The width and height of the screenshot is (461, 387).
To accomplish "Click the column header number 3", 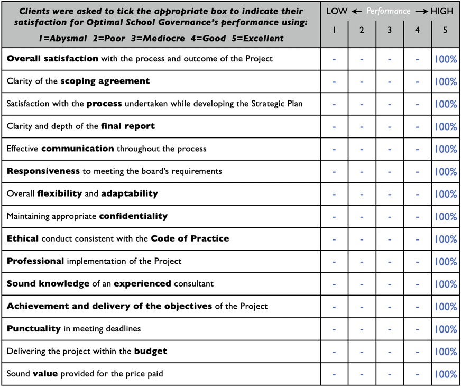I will pyautogui.click(x=390, y=31).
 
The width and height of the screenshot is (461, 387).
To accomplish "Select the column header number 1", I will pyautogui.click(x=334, y=31).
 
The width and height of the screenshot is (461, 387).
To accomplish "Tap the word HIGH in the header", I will pyautogui.click(x=442, y=11).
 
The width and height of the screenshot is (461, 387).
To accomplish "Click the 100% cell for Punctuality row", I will pyautogui.click(x=445, y=329).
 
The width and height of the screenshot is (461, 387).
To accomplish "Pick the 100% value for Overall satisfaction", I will pyautogui.click(x=445, y=59).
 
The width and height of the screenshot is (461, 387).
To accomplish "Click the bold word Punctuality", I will pyautogui.click(x=34, y=329).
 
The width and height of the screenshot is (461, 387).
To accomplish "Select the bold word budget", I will pyautogui.click(x=151, y=351).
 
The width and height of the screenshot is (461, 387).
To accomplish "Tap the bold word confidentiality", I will pyautogui.click(x=133, y=216).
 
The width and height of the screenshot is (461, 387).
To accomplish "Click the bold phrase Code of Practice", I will pyautogui.click(x=190, y=238).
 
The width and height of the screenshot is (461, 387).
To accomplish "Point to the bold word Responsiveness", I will pyautogui.click(x=43, y=171).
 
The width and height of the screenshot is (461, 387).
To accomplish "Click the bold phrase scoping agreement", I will pyautogui.click(x=105, y=81).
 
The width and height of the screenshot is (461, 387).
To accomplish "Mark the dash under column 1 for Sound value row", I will pyautogui.click(x=334, y=374).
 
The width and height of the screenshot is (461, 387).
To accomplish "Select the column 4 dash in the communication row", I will pyautogui.click(x=417, y=149).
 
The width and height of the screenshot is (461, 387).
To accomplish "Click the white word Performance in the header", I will pyautogui.click(x=389, y=11).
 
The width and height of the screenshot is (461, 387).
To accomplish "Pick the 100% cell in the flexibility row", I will pyautogui.click(x=445, y=194).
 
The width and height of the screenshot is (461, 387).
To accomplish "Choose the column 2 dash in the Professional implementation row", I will pyautogui.click(x=362, y=262).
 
